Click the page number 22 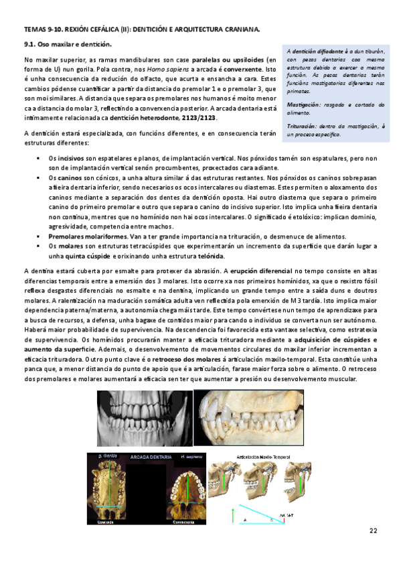pos(373,531)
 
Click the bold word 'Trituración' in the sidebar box pos(303,125)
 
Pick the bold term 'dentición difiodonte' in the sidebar pos(320,52)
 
